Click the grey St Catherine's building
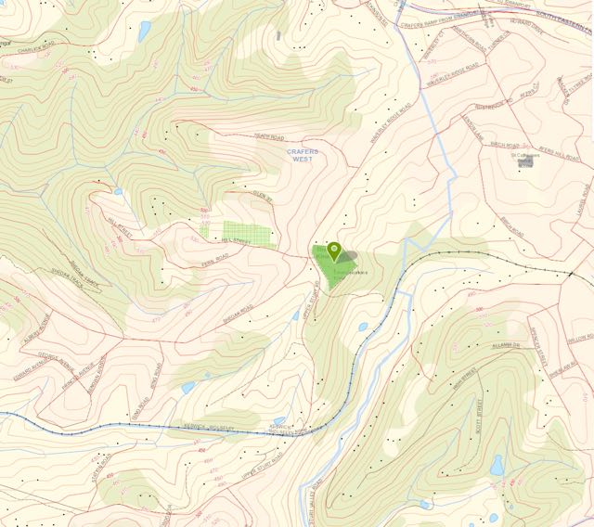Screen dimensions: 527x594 coord(525,161)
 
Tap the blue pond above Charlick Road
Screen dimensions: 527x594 coord(144,31)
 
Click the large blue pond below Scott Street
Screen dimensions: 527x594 coord(497,465)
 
